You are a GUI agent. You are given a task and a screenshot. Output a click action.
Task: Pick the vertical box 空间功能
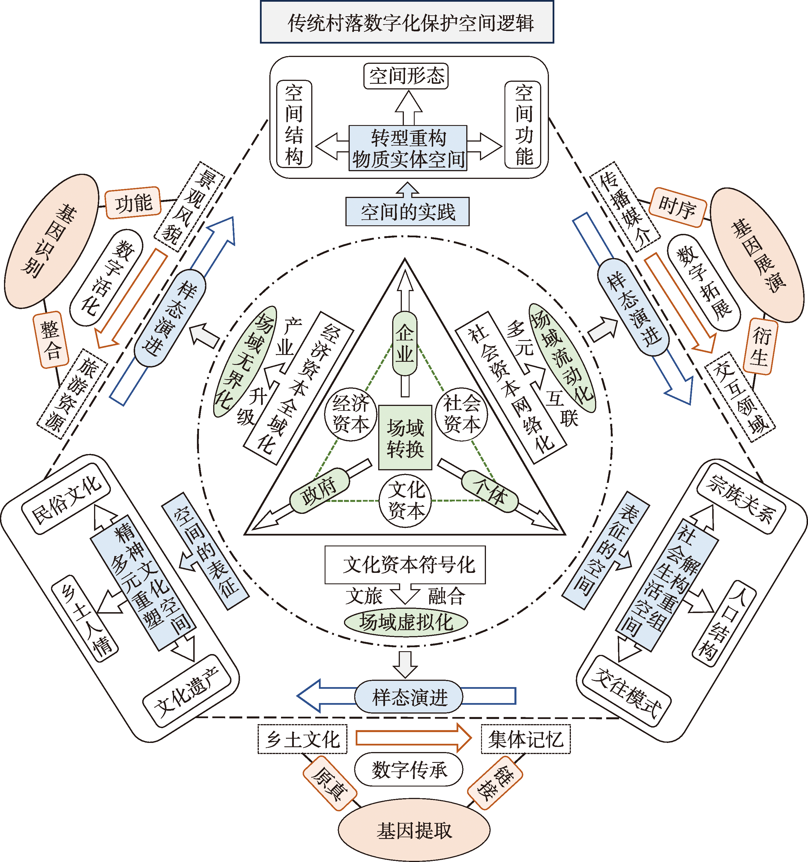point(523,124)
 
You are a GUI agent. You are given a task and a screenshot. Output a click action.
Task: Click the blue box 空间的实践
point(407,212)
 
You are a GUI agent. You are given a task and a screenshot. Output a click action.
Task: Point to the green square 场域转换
point(405,438)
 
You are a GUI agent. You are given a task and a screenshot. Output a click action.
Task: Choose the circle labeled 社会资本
point(461,414)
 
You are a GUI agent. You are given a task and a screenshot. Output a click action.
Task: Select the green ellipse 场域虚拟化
point(406,622)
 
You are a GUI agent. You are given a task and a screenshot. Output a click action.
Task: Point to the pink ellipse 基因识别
point(51,241)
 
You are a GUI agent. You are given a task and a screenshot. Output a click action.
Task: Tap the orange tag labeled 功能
point(133,203)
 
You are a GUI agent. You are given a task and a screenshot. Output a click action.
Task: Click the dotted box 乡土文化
point(302,739)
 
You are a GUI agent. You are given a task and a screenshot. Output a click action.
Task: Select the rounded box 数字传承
point(408,770)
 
